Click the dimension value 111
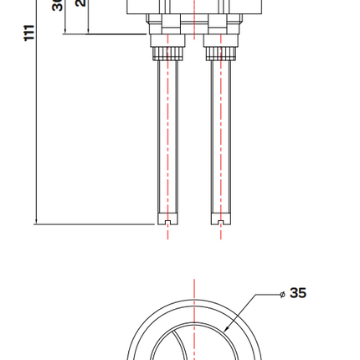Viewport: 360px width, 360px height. [29, 33]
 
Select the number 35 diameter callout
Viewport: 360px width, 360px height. [298, 293]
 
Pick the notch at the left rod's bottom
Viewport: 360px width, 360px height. [168, 223]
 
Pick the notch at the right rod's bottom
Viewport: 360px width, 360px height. [220, 223]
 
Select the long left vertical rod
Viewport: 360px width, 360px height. [161, 142]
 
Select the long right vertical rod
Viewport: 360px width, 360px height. [213, 142]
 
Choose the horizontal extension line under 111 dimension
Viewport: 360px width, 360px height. [92, 224]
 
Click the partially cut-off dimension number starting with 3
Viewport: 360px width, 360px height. [58, 5]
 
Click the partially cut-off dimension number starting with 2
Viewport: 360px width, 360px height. [81, 3]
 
